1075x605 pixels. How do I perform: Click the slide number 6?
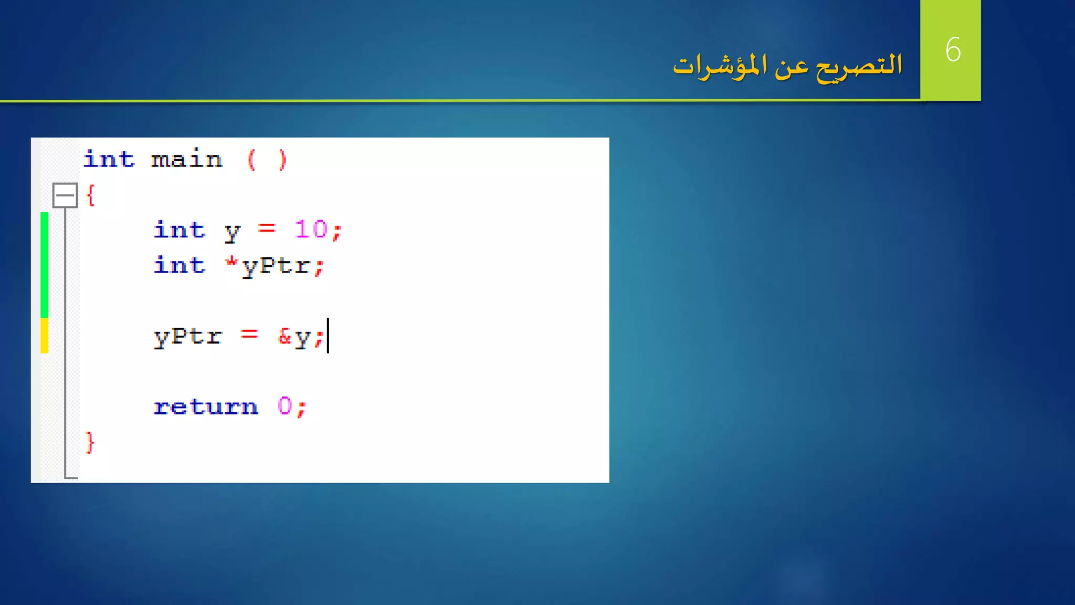pos(953,50)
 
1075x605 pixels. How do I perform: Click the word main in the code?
pos(187,159)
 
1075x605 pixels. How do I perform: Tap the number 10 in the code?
pos(311,230)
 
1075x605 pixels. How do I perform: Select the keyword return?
pos(206,406)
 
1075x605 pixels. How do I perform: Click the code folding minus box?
pos(65,195)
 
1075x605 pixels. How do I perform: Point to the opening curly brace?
pos(91,195)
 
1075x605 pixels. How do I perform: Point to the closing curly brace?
pos(90,442)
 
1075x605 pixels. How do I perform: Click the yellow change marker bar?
pos(45,335)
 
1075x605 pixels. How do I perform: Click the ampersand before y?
pos(284,336)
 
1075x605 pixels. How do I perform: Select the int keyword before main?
pos(109,159)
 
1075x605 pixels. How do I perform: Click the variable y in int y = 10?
pos(232,231)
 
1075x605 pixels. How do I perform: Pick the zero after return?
pos(285,406)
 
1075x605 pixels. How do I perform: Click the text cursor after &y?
pos(328,336)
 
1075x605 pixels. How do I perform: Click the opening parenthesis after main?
pos(251,160)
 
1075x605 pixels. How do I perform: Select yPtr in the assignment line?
pos(188,337)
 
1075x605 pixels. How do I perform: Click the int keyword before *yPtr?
pos(179,265)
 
